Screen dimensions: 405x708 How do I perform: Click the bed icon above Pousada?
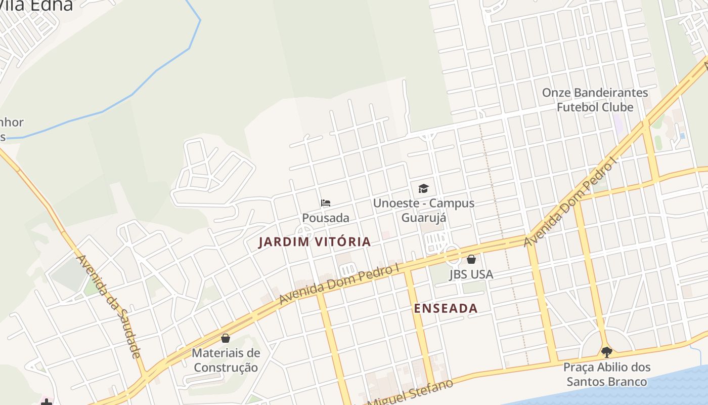(326, 203)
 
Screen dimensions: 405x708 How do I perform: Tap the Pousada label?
(326, 218)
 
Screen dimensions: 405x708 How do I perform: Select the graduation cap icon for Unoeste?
(423, 189)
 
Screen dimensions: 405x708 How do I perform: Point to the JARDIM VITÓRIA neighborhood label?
(315, 242)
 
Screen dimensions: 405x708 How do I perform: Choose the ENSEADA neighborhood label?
(446, 308)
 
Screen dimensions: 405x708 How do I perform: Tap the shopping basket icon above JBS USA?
(471, 259)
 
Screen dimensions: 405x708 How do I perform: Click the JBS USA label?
(471, 274)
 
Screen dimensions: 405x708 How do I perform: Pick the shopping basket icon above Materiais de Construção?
(226, 338)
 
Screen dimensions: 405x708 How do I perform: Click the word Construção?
(226, 368)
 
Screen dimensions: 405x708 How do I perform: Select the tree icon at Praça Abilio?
(606, 352)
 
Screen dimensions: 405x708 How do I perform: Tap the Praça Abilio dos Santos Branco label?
(606, 374)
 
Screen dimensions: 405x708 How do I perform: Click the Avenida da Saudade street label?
(108, 306)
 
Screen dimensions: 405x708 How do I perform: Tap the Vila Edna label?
(36, 5)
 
